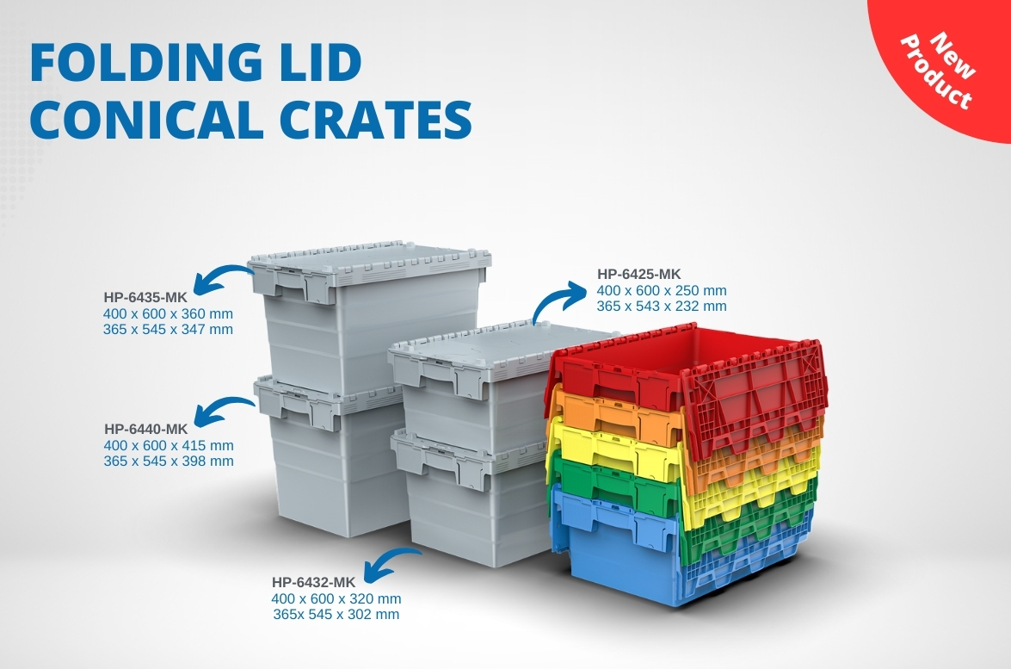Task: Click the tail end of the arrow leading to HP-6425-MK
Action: coord(535,323)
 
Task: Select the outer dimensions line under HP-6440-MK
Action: coord(169,445)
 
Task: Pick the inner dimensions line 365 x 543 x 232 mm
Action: coord(662,306)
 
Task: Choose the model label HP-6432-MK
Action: coord(313,582)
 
